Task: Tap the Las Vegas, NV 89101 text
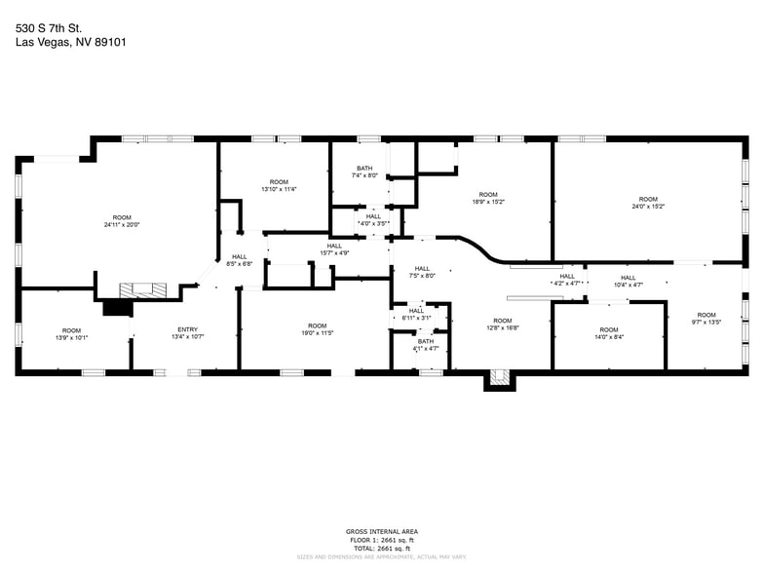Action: click(x=70, y=42)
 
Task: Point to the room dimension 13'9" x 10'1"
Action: click(x=72, y=338)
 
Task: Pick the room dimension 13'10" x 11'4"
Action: click(x=279, y=189)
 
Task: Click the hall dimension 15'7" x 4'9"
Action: click(x=334, y=253)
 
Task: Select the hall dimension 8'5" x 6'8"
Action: click(x=240, y=264)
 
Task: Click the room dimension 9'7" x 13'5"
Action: click(x=707, y=322)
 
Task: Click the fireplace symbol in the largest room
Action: click(x=142, y=289)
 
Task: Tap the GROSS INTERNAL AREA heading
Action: click(x=381, y=532)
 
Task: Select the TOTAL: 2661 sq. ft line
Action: click(x=381, y=547)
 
